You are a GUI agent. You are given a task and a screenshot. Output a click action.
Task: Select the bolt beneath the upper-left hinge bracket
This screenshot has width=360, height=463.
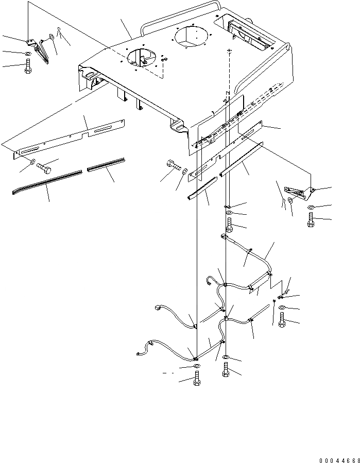(28, 66)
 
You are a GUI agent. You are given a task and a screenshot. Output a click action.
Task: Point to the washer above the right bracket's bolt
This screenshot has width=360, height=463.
(311, 208)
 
